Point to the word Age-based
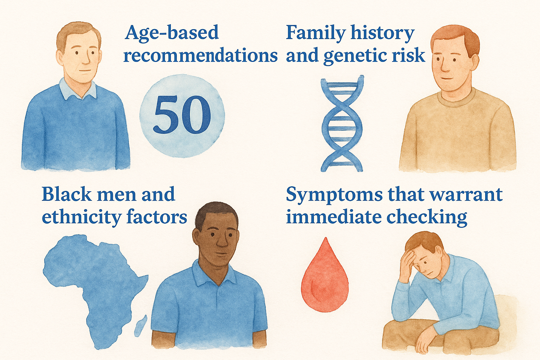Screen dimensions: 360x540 tap(172, 33)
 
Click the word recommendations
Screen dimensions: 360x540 tap(200, 56)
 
